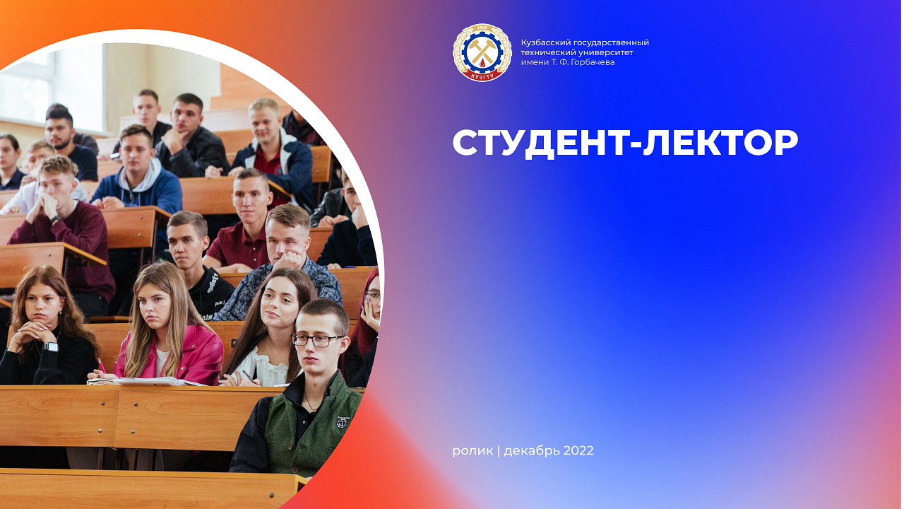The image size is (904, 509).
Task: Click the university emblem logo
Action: pos(482,53)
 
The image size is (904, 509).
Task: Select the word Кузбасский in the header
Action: pos(546,42)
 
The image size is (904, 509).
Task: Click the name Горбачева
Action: pos(590,62)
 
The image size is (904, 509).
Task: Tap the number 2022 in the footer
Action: pos(578,450)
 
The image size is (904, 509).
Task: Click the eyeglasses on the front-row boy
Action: pos(317,340)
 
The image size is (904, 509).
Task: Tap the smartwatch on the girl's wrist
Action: pos(50,346)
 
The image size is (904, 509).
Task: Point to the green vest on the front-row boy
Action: pos(311,424)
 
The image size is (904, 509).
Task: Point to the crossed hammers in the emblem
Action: pos(482,51)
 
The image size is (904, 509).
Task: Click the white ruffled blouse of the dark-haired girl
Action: pos(265,368)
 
